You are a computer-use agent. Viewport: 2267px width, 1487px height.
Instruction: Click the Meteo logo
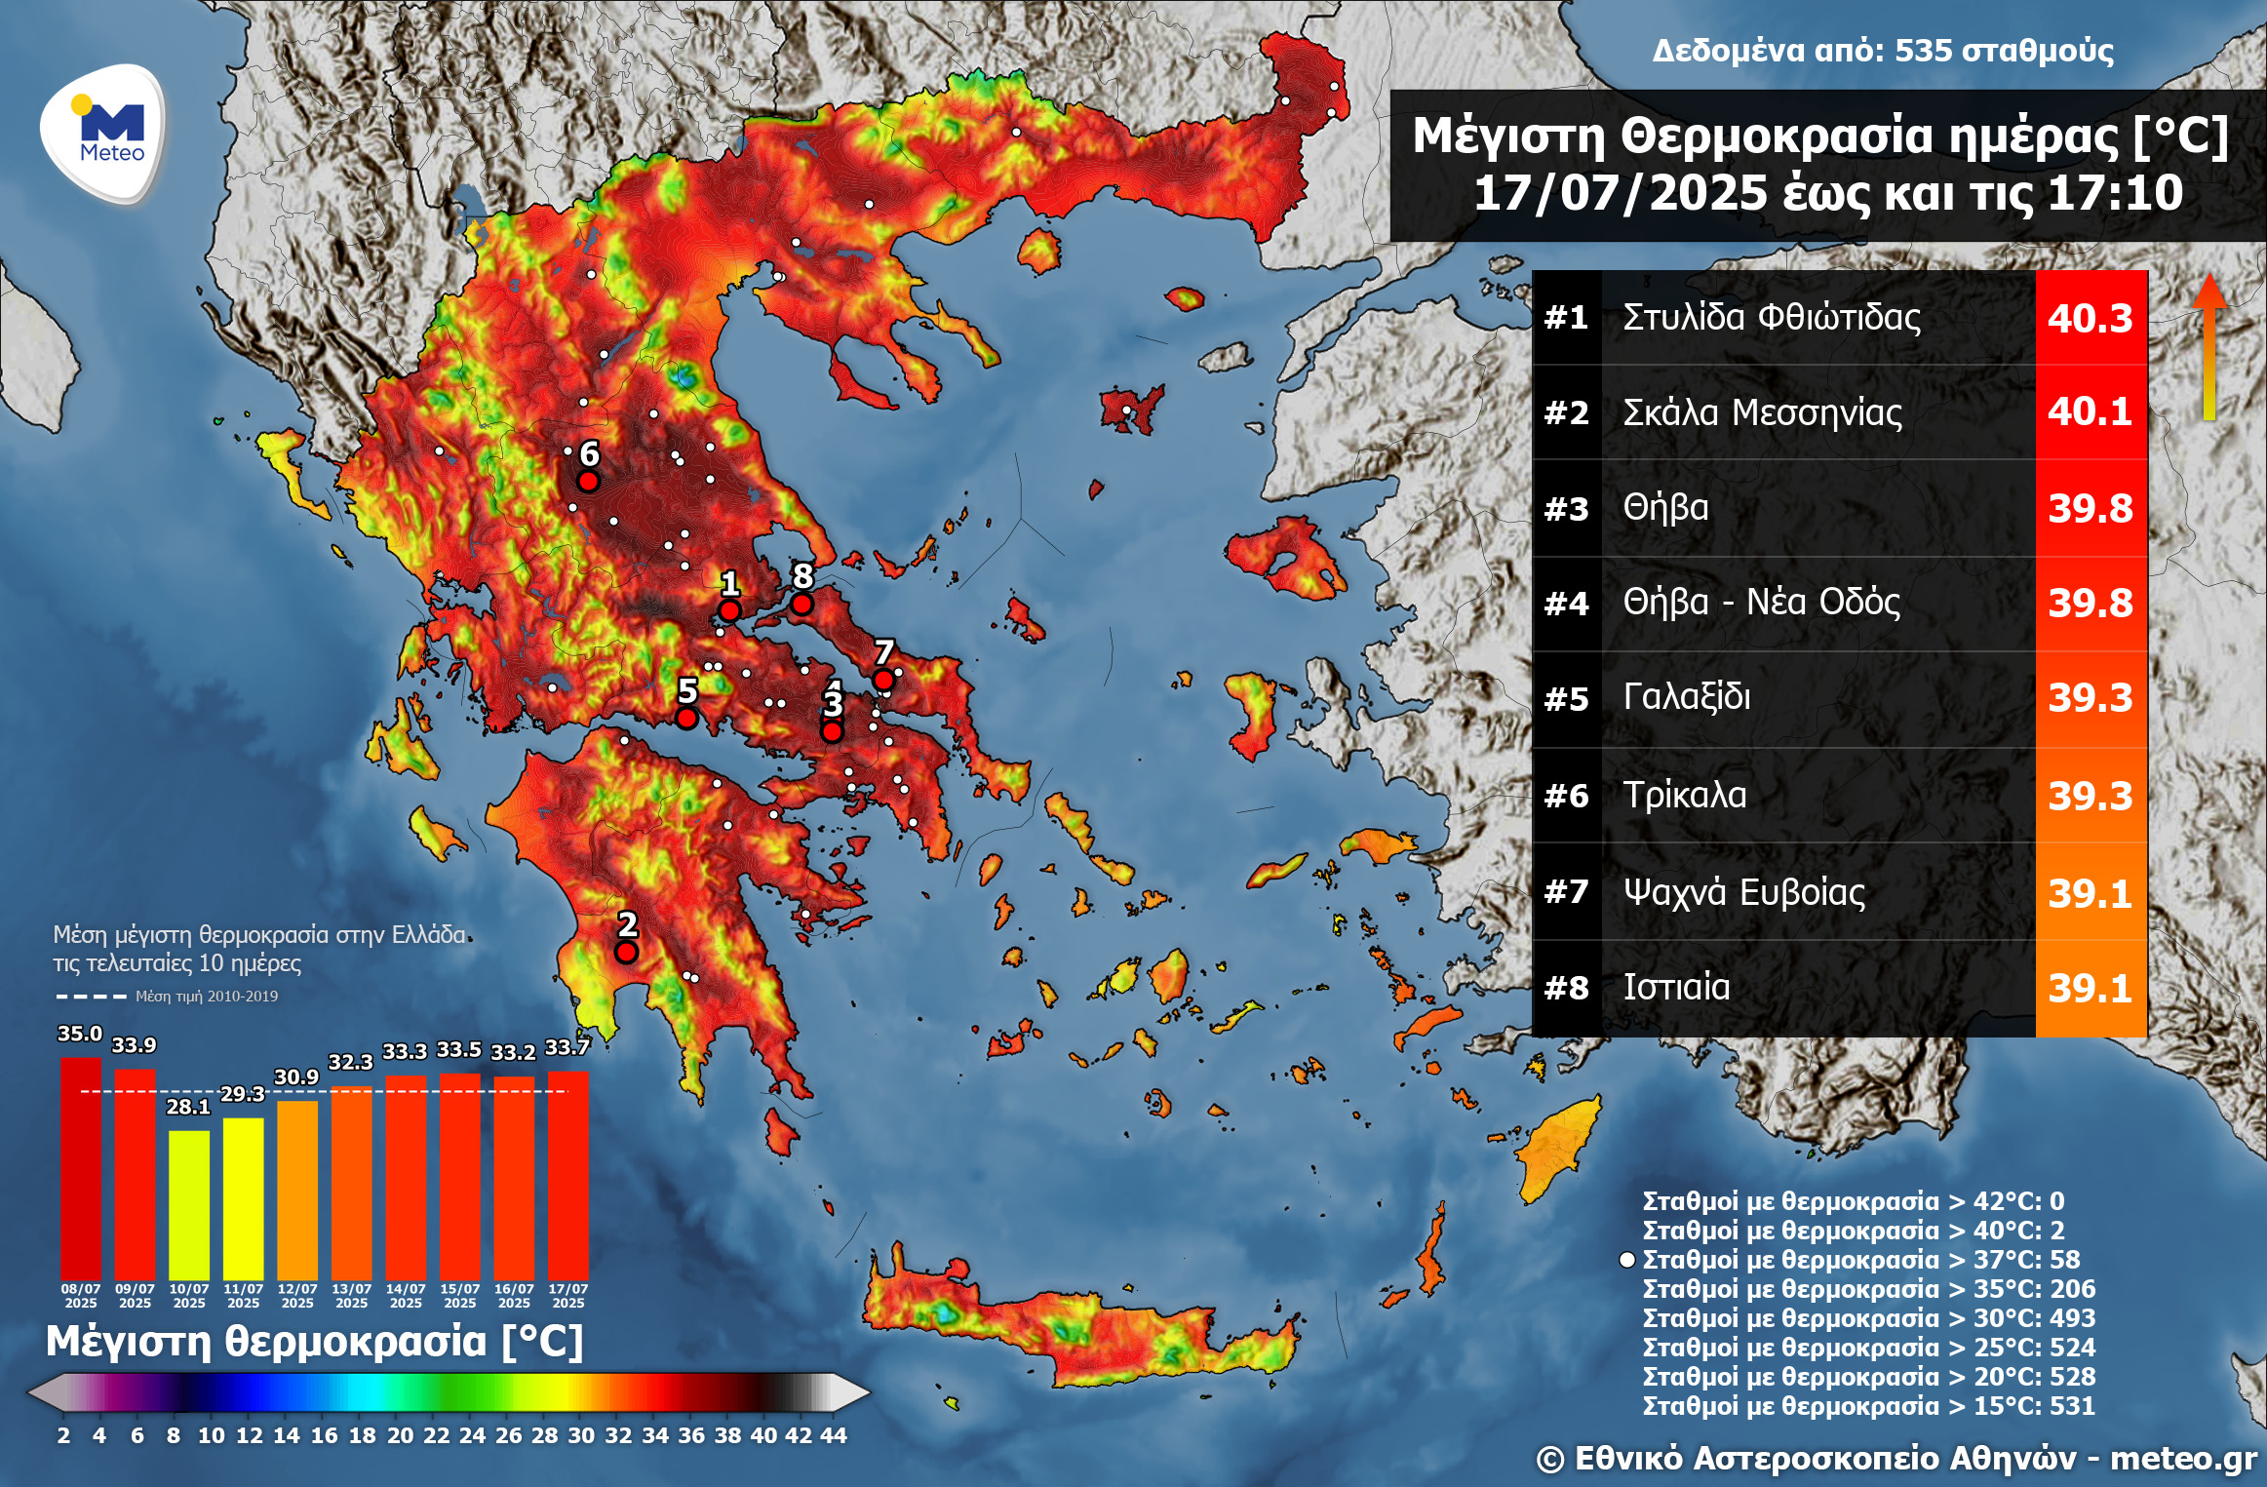point(103,133)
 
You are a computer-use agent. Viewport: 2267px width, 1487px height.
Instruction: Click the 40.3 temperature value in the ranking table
point(2090,319)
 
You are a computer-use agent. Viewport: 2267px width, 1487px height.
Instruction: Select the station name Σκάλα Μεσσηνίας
point(1762,412)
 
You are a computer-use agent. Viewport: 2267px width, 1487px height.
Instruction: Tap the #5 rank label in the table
point(1566,699)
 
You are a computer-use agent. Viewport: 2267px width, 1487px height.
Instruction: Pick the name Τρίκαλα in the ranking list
point(1684,795)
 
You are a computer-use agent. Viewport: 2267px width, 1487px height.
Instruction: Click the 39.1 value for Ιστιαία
point(2090,989)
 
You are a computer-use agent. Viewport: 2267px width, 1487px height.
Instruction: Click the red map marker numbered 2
point(626,952)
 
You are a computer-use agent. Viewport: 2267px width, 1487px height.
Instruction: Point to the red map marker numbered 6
point(588,481)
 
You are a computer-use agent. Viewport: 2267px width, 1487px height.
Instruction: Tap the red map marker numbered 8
point(801,604)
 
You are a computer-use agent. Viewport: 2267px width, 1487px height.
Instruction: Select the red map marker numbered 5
point(686,719)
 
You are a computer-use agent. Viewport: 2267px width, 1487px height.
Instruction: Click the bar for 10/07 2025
point(188,1204)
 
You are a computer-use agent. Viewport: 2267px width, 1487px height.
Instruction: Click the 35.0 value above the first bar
point(80,1034)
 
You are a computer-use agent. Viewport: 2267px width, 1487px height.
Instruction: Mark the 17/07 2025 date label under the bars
point(567,1296)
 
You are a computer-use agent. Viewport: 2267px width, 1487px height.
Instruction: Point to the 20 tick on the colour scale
point(400,1435)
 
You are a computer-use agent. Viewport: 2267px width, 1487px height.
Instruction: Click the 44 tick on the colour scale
point(834,1435)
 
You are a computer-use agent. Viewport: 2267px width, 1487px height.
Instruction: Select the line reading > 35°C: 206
point(1868,1289)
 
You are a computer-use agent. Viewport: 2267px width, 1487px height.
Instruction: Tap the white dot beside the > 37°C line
point(1626,1260)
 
